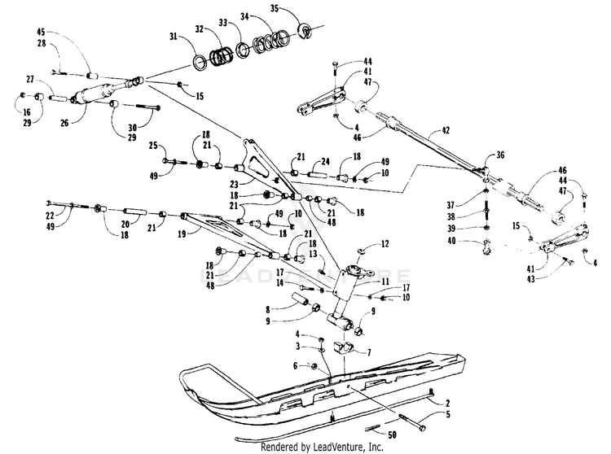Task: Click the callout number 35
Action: pos(275,8)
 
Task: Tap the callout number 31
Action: pos(174,37)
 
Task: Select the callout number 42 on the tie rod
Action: pos(446,130)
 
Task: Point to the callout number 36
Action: pos(500,155)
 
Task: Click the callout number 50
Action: pos(392,434)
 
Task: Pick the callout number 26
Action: pos(64,124)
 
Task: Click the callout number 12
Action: pos(385,244)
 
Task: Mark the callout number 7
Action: pos(368,353)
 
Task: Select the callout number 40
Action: pos(451,241)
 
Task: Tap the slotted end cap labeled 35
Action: pos(305,31)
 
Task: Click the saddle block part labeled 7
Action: pos(344,347)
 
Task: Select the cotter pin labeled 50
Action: pos(372,429)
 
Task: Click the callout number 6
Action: pos(296,365)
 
